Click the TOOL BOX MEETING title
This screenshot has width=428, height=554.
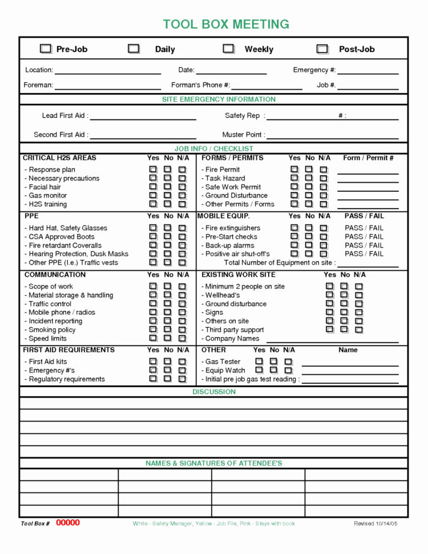(x=226, y=24)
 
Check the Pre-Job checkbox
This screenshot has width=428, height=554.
(x=46, y=49)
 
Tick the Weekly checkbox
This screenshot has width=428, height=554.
(x=228, y=49)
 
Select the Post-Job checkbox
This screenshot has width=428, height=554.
(x=322, y=49)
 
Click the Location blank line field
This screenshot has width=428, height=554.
(x=107, y=71)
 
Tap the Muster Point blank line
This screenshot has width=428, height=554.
(x=333, y=135)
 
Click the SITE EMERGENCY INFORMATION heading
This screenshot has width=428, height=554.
(x=219, y=99)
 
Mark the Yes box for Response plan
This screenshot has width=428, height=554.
(x=153, y=170)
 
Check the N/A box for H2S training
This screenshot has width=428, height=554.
(x=182, y=204)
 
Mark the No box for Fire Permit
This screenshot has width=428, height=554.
(x=309, y=170)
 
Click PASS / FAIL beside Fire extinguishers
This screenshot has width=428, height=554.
(x=364, y=228)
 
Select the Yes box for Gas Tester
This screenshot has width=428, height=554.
(x=259, y=362)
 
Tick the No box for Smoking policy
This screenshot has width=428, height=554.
(x=167, y=330)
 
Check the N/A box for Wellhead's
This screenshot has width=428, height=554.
(x=359, y=295)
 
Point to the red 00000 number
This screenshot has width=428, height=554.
(x=68, y=523)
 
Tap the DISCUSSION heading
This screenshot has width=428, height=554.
(x=214, y=392)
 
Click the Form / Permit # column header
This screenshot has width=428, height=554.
(x=368, y=158)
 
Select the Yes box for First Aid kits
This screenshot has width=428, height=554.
(x=153, y=362)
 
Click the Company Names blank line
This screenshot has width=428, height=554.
(x=331, y=339)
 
